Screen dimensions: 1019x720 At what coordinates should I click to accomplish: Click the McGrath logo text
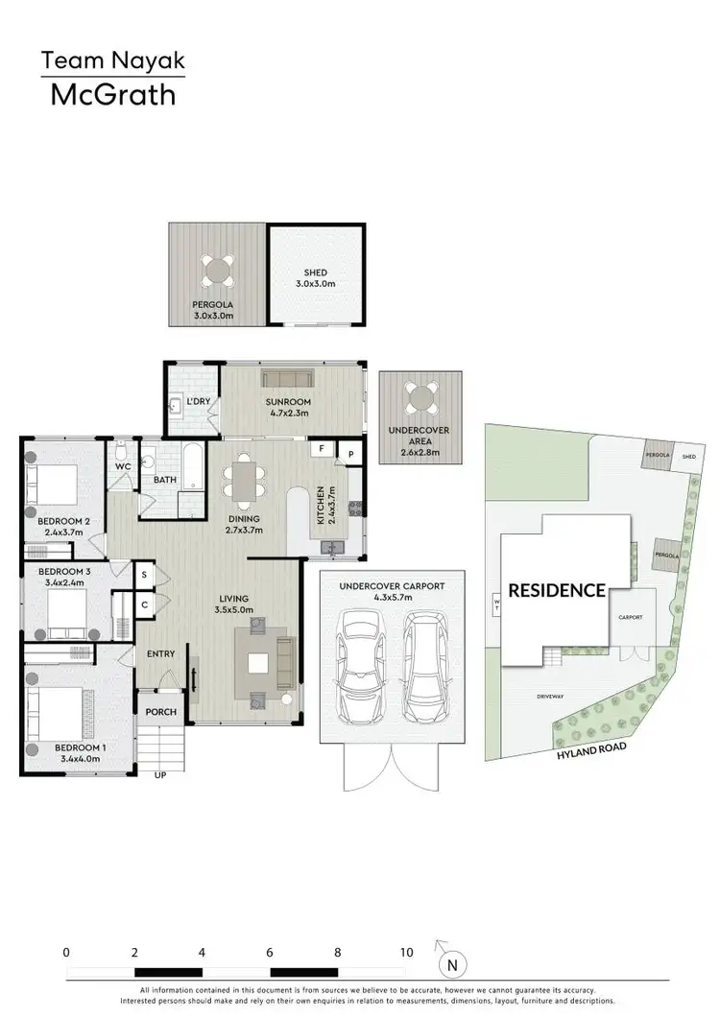click(112, 95)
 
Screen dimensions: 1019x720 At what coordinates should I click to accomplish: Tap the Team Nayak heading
click(112, 62)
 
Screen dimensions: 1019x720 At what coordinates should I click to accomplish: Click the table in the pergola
click(217, 272)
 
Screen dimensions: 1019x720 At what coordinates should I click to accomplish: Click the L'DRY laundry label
click(198, 400)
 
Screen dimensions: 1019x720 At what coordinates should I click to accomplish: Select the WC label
click(123, 466)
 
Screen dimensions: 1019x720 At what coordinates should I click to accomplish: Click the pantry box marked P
click(350, 454)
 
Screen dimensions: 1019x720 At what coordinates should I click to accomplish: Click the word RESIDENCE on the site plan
click(557, 590)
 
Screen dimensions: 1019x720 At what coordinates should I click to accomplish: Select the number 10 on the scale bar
click(406, 953)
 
